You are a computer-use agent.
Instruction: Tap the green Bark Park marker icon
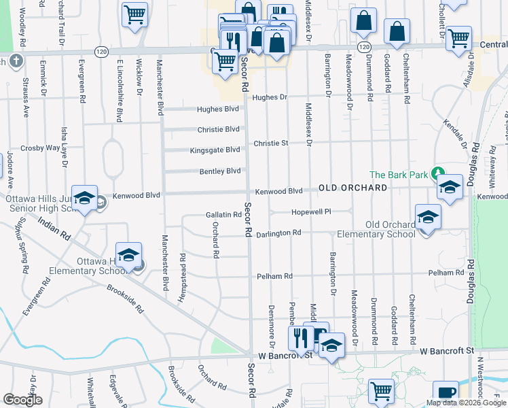(438, 174)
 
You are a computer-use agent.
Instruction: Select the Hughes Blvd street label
(217, 109)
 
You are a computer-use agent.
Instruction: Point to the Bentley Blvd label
(220, 171)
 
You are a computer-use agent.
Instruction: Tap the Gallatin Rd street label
(223, 215)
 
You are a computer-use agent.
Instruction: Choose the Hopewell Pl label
(311, 212)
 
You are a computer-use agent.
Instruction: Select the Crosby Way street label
(40, 148)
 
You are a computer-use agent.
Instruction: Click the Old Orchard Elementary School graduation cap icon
(428, 218)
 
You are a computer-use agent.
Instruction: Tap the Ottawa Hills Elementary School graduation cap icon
(128, 256)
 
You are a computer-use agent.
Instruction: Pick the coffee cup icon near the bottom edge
(446, 392)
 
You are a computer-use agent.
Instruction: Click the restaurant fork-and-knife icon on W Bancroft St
(301, 338)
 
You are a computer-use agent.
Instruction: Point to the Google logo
(22, 400)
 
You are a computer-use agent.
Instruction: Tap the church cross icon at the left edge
(16, 61)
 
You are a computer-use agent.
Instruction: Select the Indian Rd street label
(54, 230)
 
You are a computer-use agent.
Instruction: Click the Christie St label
(271, 143)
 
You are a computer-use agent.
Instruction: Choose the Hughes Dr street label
(270, 97)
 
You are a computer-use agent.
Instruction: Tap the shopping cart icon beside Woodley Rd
(135, 13)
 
